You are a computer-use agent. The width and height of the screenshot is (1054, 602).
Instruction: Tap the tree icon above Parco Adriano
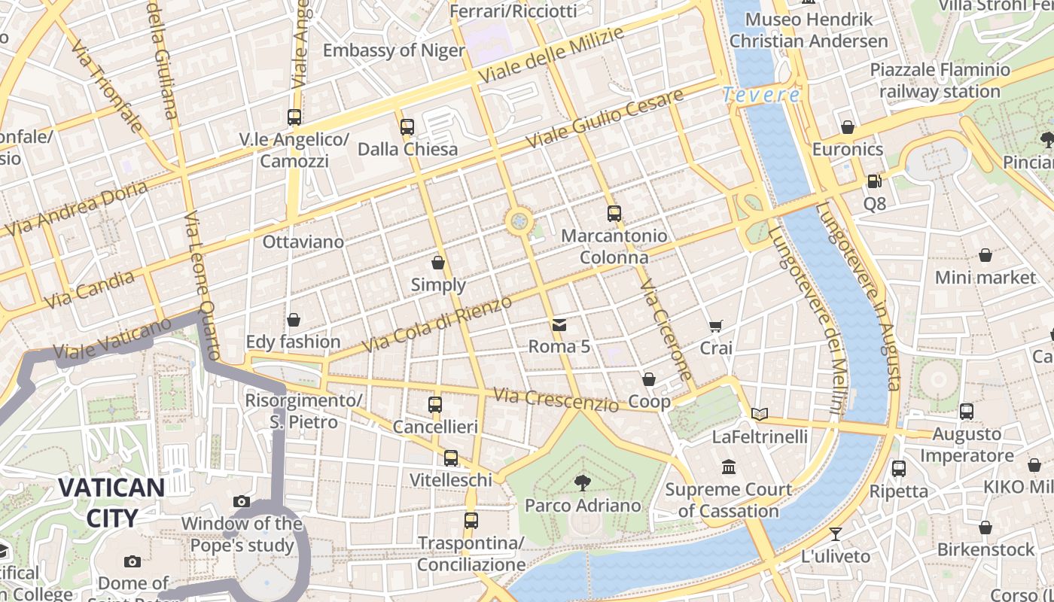click(582, 482)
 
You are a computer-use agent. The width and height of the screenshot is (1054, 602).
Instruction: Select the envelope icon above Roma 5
click(559, 325)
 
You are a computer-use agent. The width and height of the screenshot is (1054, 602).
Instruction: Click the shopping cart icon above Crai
click(716, 327)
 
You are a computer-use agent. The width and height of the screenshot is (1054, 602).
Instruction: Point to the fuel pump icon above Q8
click(874, 181)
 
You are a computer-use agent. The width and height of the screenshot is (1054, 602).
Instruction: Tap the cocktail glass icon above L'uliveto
click(836, 534)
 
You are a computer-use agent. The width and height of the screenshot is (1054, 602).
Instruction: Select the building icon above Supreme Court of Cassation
click(729, 467)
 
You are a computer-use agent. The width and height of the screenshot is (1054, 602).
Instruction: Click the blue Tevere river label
click(761, 95)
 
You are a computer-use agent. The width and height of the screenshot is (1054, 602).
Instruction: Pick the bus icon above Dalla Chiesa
click(407, 127)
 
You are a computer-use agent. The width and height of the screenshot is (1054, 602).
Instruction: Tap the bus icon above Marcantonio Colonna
click(614, 214)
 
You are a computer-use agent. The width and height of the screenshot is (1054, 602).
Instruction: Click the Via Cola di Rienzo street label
click(437, 324)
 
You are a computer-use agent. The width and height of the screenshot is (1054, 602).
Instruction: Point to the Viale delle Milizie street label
click(551, 56)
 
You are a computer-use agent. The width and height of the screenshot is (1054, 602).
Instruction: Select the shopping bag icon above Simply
click(438, 263)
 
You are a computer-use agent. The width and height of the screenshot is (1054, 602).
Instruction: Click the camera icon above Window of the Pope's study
click(242, 501)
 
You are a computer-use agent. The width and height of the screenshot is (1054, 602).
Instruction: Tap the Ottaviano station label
click(303, 242)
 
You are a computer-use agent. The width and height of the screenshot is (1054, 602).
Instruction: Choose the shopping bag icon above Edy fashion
click(294, 321)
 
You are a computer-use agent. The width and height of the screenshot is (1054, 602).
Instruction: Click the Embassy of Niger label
click(394, 50)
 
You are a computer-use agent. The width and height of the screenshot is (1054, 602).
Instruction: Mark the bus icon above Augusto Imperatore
click(967, 412)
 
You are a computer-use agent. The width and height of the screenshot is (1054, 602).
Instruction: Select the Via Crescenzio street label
click(556, 400)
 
